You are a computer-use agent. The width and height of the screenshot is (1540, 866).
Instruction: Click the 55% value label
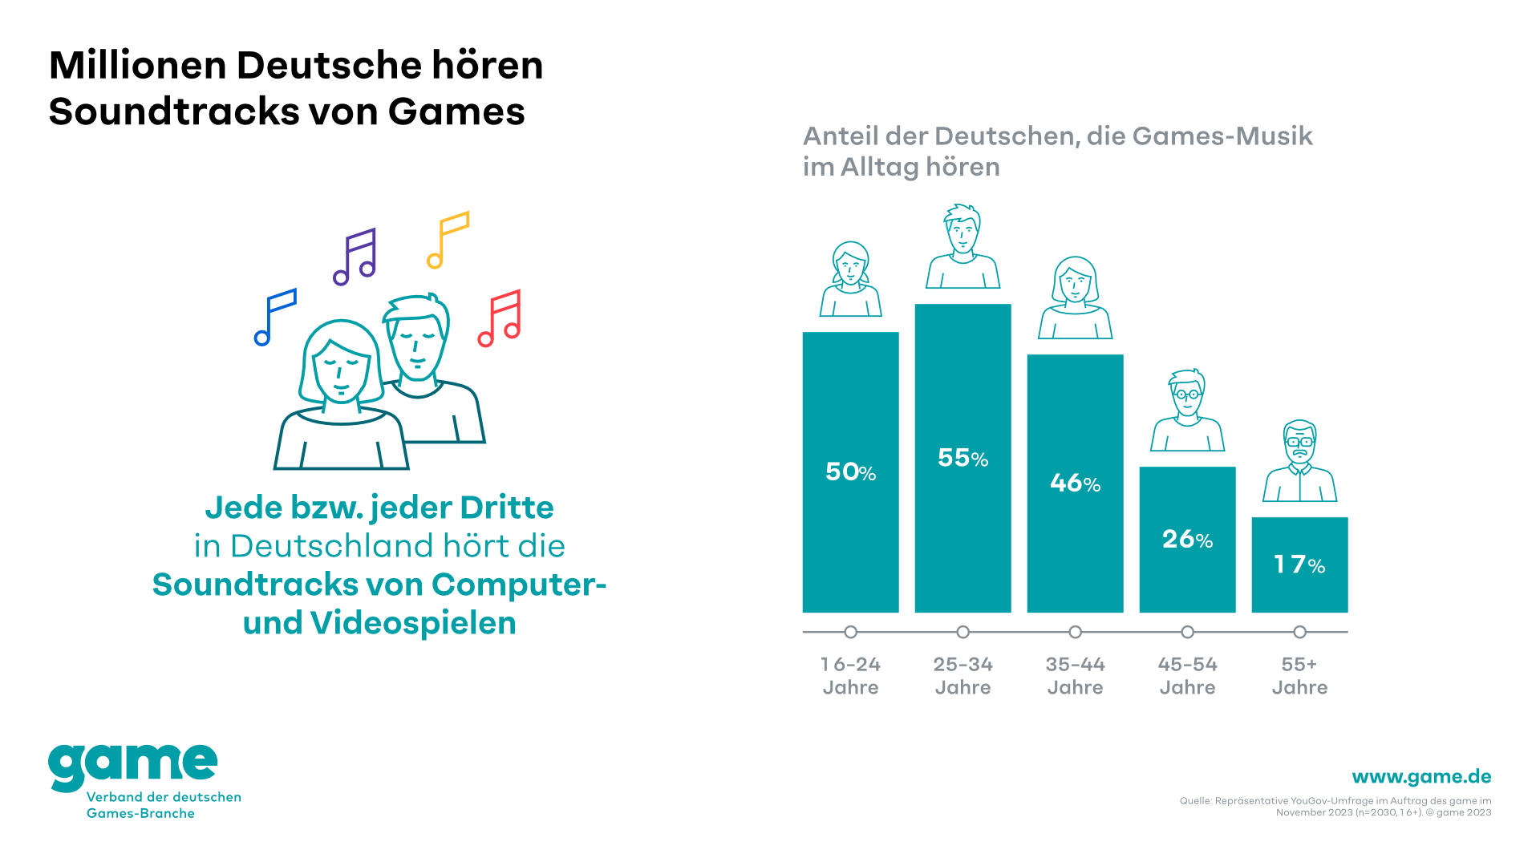pos(962,458)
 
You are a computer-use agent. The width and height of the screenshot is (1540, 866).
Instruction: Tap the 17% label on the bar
pos(1299,565)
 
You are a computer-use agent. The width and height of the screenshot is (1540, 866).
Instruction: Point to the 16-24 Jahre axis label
pos(850,675)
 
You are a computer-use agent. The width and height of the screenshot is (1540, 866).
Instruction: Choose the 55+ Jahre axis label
pos(1299,675)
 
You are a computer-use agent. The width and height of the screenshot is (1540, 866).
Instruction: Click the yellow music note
pos(448,239)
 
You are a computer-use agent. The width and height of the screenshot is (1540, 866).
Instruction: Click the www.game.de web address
pos(1421,776)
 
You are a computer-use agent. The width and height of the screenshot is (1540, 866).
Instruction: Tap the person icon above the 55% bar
pos(962,246)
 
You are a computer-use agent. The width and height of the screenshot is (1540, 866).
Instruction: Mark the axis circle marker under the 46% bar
pos(1075,632)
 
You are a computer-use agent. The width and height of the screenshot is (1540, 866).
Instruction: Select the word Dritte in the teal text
pos(506,508)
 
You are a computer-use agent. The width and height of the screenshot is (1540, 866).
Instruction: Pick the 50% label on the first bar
pos(850,471)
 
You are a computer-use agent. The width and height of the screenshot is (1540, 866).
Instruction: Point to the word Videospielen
pos(413,623)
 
